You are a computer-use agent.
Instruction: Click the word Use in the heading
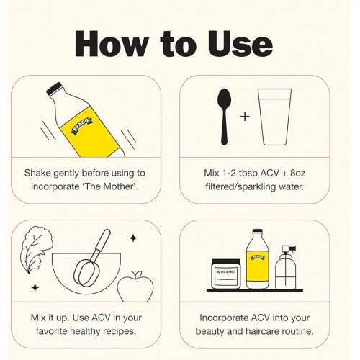[240, 44]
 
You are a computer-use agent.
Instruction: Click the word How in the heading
[112, 44]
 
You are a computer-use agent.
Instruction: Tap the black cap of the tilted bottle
[54, 89]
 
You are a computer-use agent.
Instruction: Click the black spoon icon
[224, 117]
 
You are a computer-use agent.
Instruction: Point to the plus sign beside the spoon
[245, 117]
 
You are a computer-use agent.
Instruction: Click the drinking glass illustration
[275, 117]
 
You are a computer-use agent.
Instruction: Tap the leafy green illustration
[36, 249]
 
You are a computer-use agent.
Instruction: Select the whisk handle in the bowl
[104, 240]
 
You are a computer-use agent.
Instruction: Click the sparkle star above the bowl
[133, 238]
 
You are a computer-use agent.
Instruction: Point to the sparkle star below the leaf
[35, 287]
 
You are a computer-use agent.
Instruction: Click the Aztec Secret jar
[225, 274]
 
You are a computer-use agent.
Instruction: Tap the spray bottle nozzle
[289, 250]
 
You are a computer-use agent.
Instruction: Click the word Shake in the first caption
[37, 173]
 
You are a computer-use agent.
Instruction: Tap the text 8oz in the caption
[297, 173]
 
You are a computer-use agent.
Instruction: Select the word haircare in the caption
[262, 331]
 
